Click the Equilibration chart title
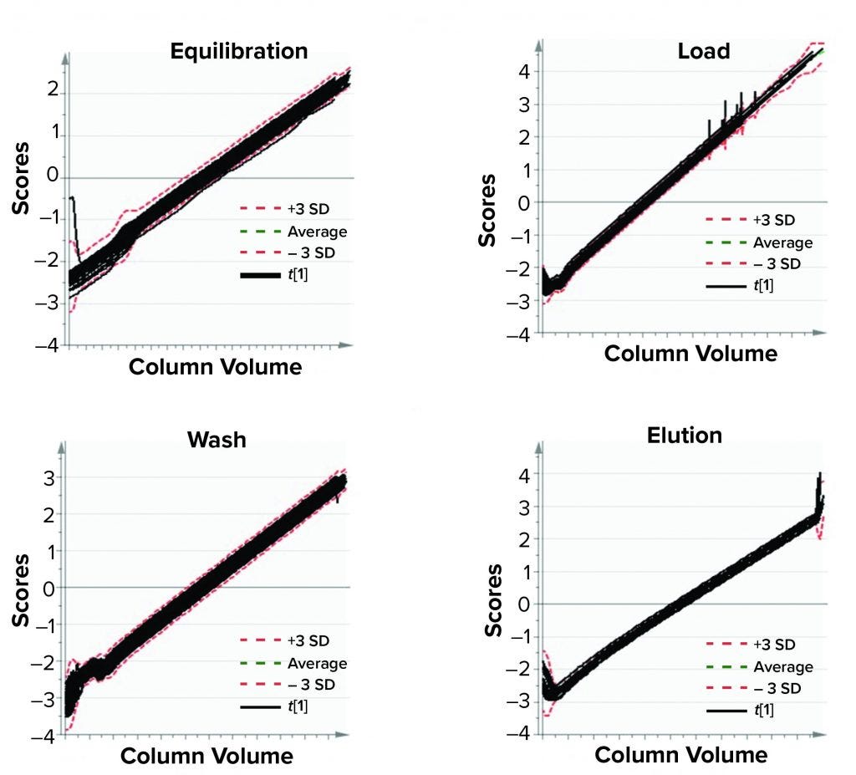click(239, 51)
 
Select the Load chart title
click(703, 51)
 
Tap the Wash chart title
click(217, 439)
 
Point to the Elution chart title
click(685, 435)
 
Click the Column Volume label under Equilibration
click(215, 366)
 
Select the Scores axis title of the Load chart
click(487, 210)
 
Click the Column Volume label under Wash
click(206, 756)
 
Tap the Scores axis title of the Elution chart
click(495, 600)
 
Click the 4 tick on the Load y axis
click(523, 72)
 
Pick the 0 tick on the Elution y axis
click(524, 604)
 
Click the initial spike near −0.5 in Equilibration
click(73, 199)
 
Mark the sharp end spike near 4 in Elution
click(820, 477)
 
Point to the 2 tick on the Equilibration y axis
click(51, 89)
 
